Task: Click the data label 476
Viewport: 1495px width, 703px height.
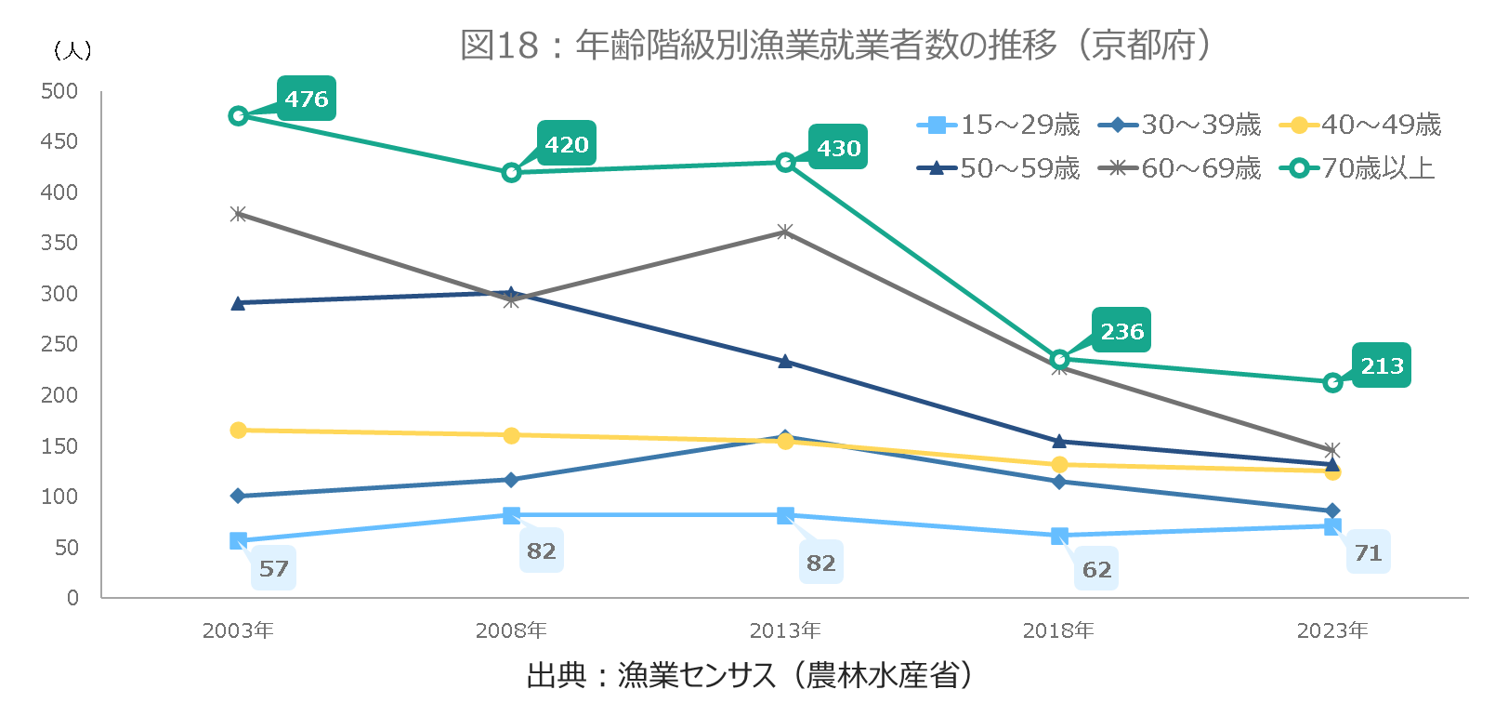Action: [307, 99]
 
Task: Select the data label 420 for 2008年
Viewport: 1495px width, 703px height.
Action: [567, 144]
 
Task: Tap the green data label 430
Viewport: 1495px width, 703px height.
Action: [838, 148]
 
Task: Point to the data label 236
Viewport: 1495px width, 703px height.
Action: [1121, 331]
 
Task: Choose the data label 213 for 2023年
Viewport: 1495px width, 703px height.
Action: [1382, 365]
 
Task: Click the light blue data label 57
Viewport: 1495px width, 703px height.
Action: [273, 568]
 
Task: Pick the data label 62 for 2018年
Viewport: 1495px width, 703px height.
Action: [1096, 569]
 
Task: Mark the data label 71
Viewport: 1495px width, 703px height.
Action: [1368, 553]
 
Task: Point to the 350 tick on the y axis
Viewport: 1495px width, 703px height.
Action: [59, 243]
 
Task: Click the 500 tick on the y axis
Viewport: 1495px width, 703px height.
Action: [59, 91]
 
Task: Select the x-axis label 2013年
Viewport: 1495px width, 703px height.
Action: [785, 630]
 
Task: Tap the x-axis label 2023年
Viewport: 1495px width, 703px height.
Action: [1332, 630]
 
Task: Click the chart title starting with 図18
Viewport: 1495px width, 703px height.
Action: [836, 45]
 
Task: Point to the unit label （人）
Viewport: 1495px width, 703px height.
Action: [72, 50]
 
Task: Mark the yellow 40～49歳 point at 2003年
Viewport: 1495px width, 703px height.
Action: [238, 431]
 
